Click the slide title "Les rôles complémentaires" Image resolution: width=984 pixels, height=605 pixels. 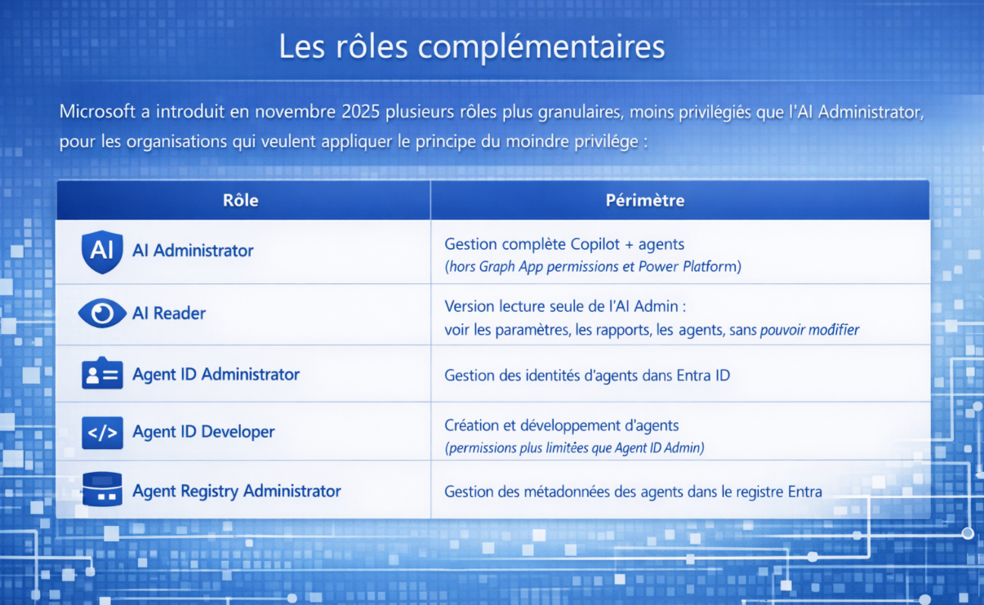point(472,47)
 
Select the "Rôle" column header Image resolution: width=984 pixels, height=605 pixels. point(240,200)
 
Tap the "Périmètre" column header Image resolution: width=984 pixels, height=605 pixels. point(645,200)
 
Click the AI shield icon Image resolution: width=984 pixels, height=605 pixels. point(102,251)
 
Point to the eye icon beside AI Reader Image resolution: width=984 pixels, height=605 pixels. point(102,314)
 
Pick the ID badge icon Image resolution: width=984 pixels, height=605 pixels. point(102,373)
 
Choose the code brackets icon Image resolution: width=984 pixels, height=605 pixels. point(102,433)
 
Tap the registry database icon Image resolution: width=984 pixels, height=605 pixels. point(102,489)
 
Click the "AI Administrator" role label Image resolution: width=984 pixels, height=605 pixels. point(193,251)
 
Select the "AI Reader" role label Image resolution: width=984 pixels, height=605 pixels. point(169,314)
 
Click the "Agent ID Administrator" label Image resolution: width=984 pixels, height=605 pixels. point(216,374)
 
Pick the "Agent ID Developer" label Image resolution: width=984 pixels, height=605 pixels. point(203,432)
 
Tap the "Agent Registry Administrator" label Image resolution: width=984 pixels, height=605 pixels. point(237,492)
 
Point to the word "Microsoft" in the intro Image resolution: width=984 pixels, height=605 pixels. point(97,111)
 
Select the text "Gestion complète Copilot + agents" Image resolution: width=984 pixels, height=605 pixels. point(564,244)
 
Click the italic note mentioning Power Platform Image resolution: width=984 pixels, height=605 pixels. point(593,267)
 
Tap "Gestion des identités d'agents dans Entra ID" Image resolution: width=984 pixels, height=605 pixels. point(587,376)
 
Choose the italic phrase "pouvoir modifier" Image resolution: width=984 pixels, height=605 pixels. point(809,330)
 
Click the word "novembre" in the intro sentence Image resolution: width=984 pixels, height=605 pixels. point(296,112)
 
